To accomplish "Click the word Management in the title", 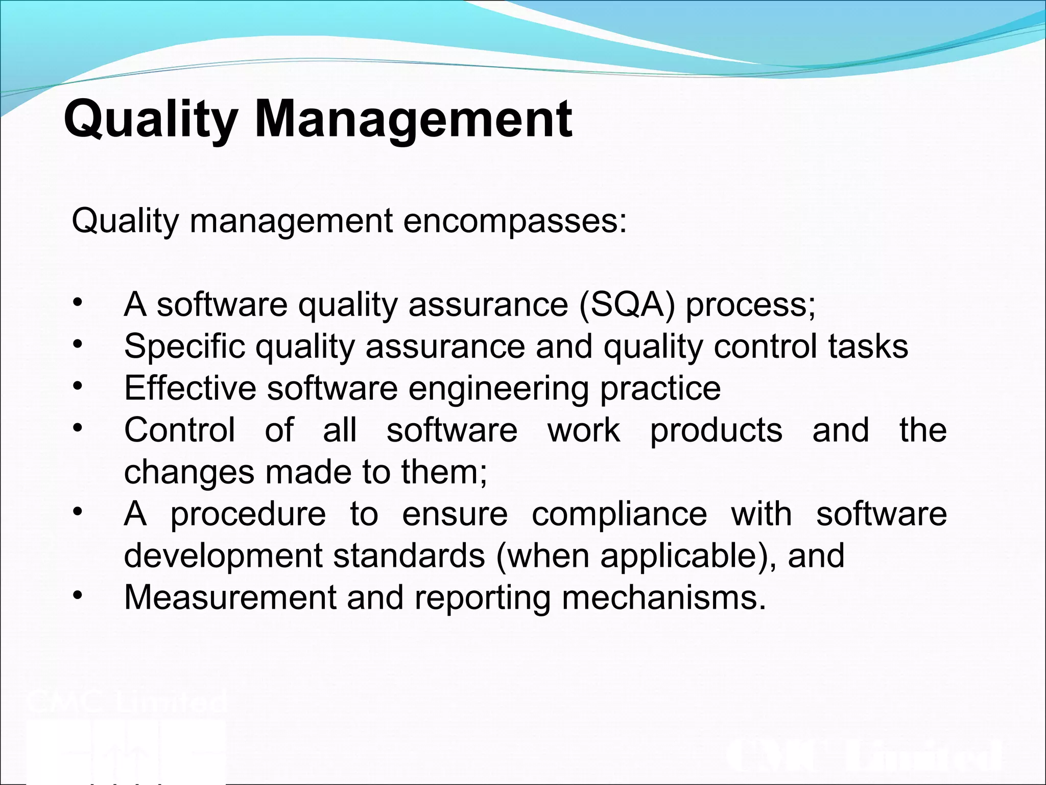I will pos(413,121).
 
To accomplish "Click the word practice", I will pos(660,389).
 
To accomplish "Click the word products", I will pos(716,431).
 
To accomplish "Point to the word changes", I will pos(189,473).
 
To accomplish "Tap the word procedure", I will pos(248,515).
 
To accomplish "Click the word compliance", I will pos(619,515).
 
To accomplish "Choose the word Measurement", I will pos(230,597).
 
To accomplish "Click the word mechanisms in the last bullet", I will pos(663,597).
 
